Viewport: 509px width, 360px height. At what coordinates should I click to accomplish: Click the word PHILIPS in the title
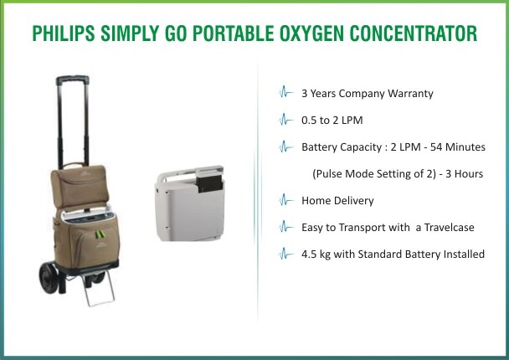(x=64, y=33)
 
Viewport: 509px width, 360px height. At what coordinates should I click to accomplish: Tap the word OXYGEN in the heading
(x=311, y=33)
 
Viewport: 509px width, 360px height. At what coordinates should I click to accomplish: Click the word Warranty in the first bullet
(x=411, y=94)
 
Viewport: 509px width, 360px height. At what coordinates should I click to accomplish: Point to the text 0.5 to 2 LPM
(x=332, y=121)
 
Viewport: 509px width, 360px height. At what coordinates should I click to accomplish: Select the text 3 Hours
(x=464, y=173)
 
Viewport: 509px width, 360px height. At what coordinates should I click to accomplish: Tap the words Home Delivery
(x=337, y=201)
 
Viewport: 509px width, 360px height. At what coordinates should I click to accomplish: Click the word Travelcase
(x=449, y=227)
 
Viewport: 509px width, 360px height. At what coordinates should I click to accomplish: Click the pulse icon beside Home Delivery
(x=286, y=200)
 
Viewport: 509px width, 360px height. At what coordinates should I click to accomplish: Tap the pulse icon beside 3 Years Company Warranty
(x=286, y=92)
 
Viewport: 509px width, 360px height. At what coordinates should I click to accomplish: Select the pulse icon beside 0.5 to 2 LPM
(x=286, y=120)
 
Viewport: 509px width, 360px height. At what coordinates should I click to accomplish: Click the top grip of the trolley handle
(x=72, y=80)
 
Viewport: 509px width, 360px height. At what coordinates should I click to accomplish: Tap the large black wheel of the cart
(x=49, y=278)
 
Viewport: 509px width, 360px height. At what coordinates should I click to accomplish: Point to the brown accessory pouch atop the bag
(x=80, y=186)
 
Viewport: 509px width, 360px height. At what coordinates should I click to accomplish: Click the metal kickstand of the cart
(x=99, y=289)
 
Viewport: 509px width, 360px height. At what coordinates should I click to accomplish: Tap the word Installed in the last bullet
(x=464, y=255)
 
